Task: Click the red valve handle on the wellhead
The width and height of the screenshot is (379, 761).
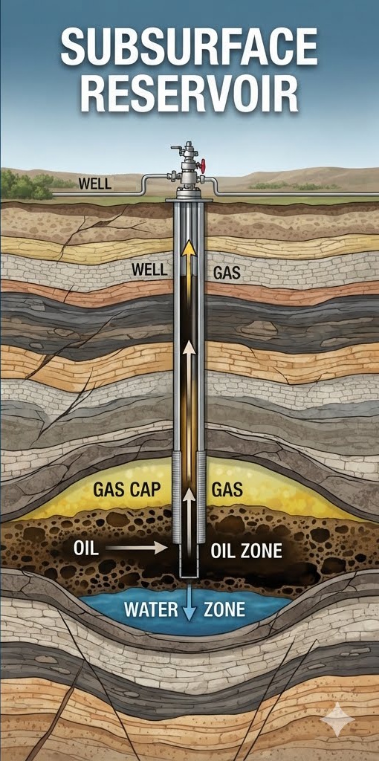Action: pos(204,166)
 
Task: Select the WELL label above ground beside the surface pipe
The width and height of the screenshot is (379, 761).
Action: pos(94,184)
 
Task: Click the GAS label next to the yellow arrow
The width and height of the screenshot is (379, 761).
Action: pos(227,273)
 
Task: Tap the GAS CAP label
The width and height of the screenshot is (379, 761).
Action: pos(126,489)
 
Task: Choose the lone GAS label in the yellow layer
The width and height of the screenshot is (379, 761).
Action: pos(227,489)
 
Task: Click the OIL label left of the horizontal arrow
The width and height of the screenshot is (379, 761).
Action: pos(86,548)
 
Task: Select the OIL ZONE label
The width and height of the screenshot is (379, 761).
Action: pos(247,551)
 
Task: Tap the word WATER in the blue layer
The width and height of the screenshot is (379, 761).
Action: pos(151,609)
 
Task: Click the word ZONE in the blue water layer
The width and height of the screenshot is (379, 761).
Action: pos(224,609)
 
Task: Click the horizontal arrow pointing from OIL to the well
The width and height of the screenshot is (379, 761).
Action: pos(136,548)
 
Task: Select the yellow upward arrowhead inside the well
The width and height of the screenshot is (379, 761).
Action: pos(189,247)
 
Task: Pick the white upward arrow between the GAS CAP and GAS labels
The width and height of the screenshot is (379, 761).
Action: pos(189,513)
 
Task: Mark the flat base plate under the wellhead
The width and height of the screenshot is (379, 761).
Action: pos(189,199)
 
